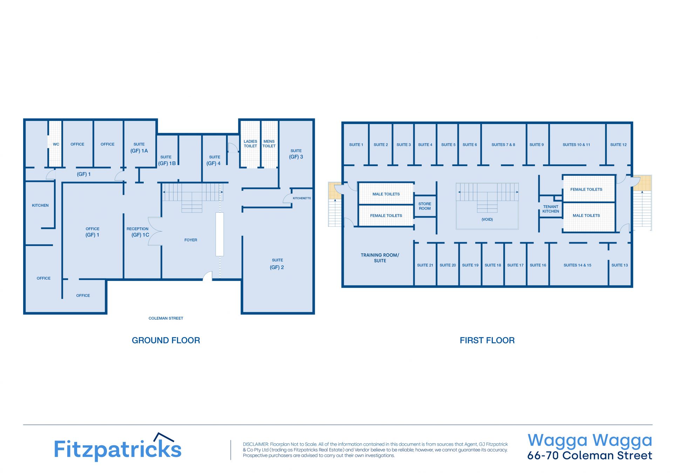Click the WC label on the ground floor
click(56, 144)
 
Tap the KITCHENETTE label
click(302, 198)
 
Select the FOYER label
click(191, 240)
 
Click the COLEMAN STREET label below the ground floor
click(166, 318)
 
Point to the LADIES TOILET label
click(250, 144)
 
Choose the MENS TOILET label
click(269, 144)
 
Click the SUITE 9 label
click(537, 145)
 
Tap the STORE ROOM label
click(425, 206)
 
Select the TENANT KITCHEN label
click(551, 209)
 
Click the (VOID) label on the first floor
click(487, 220)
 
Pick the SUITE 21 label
click(425, 265)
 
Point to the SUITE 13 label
click(620, 265)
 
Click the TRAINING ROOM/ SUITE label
click(380, 258)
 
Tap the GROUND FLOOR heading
click(166, 340)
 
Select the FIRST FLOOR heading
click(487, 340)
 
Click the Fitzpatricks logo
click(117, 447)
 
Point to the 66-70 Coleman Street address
click(590, 455)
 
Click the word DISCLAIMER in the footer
click(256, 444)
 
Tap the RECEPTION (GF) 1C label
click(138, 232)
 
